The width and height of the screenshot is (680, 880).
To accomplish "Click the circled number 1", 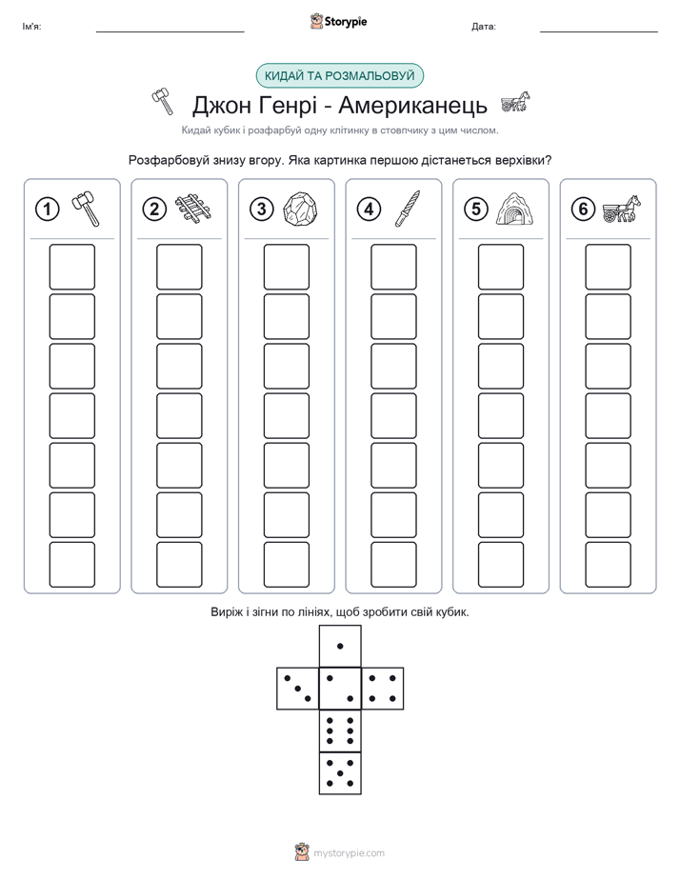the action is coord(47,210).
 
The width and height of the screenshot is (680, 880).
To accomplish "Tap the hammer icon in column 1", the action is coord(86,209).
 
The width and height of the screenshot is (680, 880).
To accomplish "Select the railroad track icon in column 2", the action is coord(193,209).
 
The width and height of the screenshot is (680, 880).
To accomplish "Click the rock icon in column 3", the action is coord(300,209).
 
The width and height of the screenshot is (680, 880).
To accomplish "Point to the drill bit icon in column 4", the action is coord(408,209).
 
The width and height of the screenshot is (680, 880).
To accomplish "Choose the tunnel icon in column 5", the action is coord(514,210).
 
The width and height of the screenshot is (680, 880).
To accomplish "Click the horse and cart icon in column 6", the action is coord(622,209).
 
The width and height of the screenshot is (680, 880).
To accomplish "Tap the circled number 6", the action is coord(583,210).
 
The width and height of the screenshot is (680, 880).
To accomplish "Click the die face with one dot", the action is coord(340,646).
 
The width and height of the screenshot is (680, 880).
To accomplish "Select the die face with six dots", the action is coord(340,730).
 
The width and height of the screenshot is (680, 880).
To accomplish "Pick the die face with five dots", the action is coord(340,772).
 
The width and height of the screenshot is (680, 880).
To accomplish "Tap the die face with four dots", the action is coord(383,688).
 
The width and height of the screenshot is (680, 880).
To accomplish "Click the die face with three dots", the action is coord(298,688).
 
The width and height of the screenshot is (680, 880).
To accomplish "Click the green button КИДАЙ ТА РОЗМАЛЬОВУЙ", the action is coord(339,76).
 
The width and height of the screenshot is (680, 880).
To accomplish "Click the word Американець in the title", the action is coord(413,105).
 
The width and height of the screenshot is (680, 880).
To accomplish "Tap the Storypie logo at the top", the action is coord(338,21).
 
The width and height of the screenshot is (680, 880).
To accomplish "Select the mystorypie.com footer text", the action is coord(349,853).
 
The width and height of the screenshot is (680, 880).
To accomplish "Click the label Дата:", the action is coord(484,27).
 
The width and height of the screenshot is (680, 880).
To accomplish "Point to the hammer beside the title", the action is coord(163,102).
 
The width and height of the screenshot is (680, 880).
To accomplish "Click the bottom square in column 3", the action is coord(286,565).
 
